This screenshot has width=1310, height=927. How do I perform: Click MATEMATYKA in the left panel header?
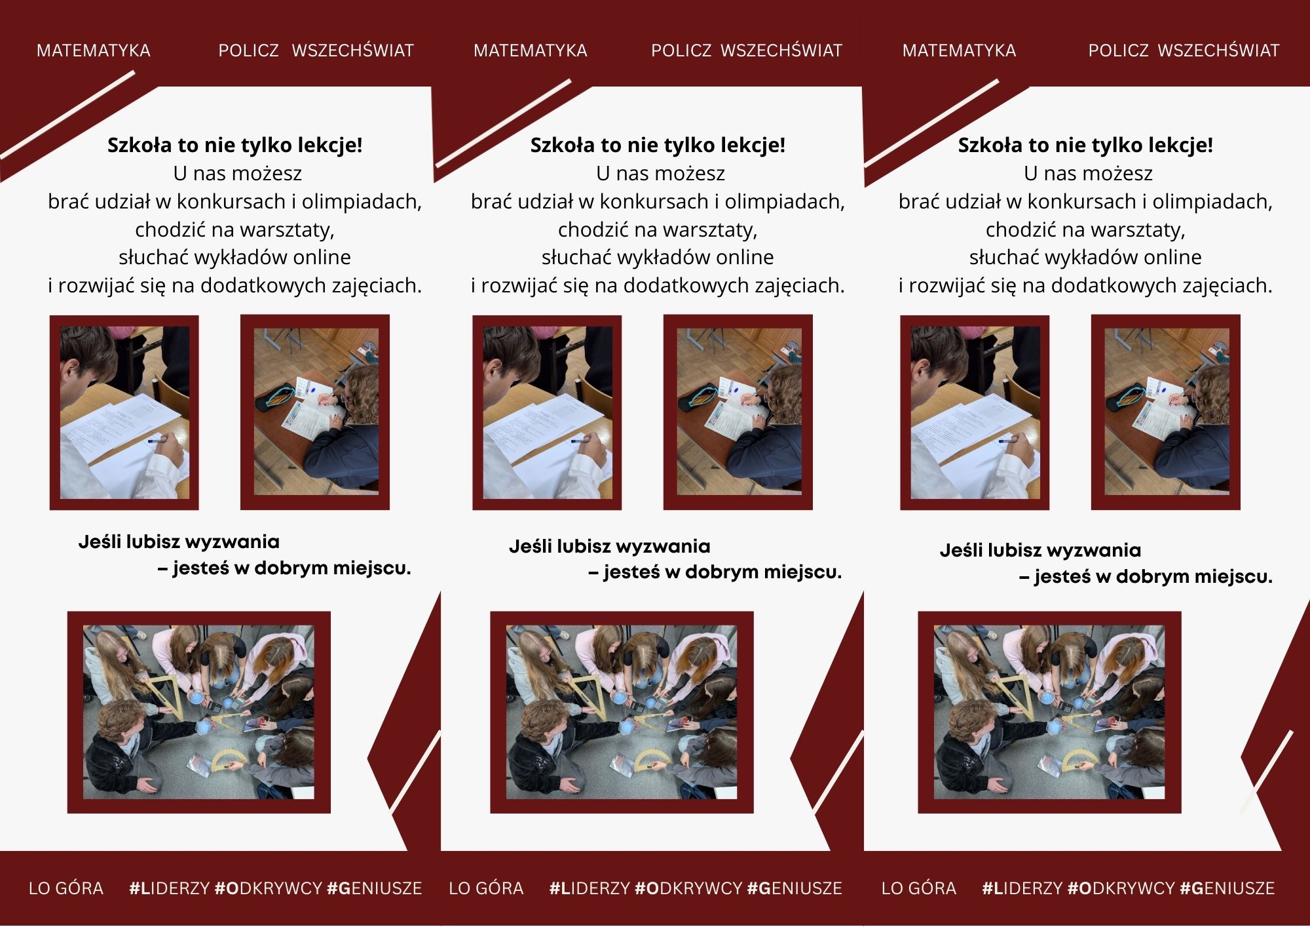pos(94,50)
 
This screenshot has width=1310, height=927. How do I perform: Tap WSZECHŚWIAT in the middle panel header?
pos(781,50)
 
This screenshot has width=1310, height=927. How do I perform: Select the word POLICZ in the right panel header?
pos(1118,50)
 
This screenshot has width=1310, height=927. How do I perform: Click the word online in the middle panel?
pos(745,257)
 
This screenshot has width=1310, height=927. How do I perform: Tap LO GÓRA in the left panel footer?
pos(66,888)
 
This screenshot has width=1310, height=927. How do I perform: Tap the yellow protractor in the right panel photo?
pos(1079,760)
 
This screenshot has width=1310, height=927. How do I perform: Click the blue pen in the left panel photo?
pos(157,441)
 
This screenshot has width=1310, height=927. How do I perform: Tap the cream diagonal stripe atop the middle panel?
pos(504,123)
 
